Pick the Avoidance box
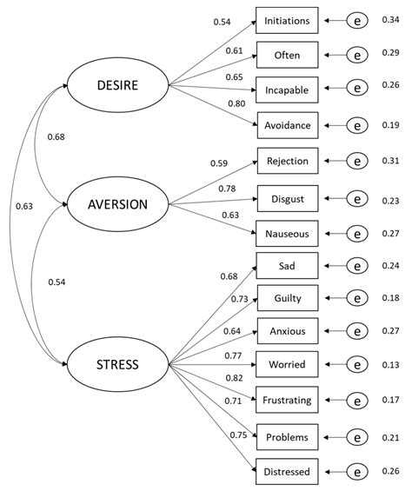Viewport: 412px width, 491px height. coord(287,125)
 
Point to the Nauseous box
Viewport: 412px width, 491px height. coord(287,233)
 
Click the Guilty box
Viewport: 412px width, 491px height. coord(287,298)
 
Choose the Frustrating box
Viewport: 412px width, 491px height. coord(287,400)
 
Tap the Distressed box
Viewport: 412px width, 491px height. coord(287,472)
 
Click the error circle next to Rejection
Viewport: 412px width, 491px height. coord(357,162)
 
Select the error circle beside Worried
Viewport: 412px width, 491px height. coord(357,364)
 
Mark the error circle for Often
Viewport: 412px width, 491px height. coord(357,54)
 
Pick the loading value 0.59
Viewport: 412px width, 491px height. coord(219,162)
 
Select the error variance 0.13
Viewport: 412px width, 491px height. coord(390,364)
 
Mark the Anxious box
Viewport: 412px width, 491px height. coord(287,330)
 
